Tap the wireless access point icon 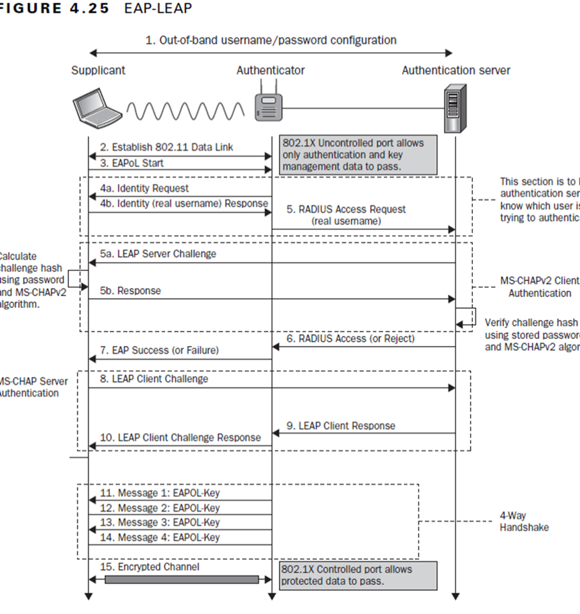point(268,105)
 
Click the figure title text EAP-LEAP point(158,9)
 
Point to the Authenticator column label point(270,70)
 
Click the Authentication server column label point(456,70)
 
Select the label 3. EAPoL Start point(131,163)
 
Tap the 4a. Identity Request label point(144,188)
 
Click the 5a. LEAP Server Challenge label point(158,254)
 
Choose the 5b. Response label point(130,291)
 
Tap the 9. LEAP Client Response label point(341,426)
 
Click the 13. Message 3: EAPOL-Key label point(159,522)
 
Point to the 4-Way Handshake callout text point(523,521)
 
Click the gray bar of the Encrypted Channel point(181,580)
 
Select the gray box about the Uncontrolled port point(359,155)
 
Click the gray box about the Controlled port point(359,575)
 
